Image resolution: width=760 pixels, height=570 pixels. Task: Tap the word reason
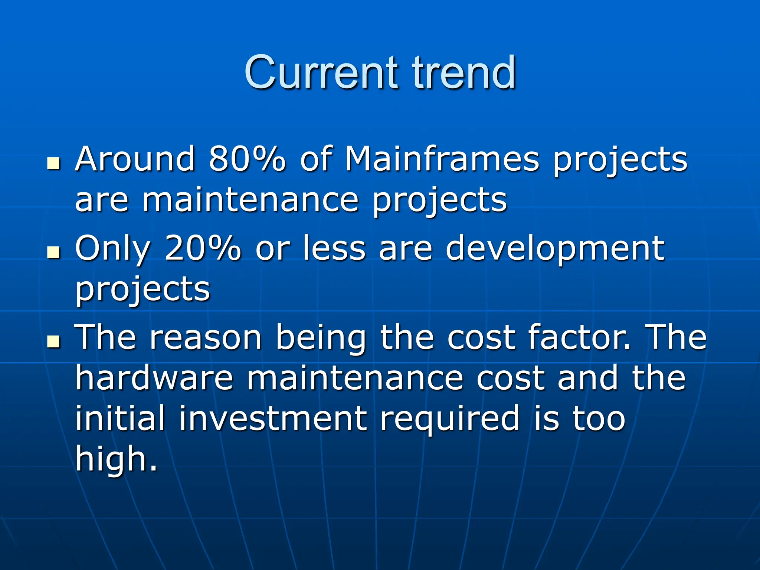click(206, 338)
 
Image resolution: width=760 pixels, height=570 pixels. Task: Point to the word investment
click(273, 419)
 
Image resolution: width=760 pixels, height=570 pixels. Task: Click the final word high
click(116, 459)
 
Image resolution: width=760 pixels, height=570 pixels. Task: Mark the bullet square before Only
click(54, 252)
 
